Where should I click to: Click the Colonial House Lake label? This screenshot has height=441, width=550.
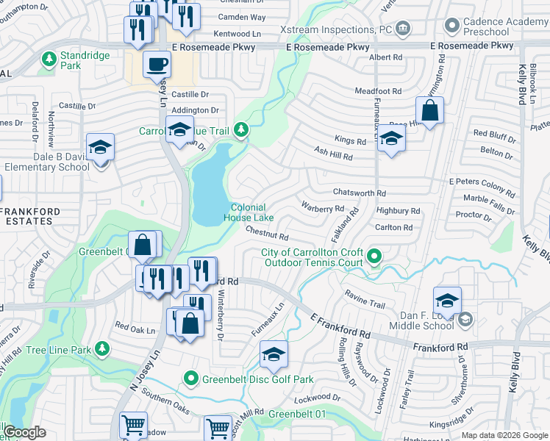coord(249,212)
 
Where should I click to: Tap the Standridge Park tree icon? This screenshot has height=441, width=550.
coord(49,58)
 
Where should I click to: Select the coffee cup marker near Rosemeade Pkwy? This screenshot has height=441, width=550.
coord(155,65)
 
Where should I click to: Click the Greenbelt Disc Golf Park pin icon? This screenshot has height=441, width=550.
coord(190,379)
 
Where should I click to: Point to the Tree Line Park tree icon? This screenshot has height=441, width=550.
coord(104,348)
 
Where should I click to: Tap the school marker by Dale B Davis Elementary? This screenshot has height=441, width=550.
coord(100,148)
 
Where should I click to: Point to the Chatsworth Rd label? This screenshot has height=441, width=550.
coord(360,193)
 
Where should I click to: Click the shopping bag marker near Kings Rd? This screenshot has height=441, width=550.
coord(429,111)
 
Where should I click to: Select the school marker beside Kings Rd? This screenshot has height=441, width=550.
coord(391,139)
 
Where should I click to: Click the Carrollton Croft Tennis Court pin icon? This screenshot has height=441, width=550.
coord(374,257)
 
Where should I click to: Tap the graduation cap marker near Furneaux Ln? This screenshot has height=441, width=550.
coord(274,355)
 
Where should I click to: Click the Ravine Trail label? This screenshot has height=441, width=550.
coord(365,303)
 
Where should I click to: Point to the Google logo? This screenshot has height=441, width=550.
coord(24,433)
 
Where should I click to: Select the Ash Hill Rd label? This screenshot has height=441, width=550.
coord(333,157)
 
